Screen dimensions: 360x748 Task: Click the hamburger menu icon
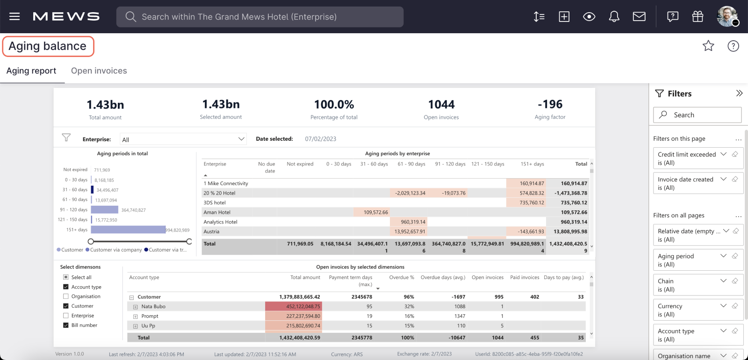14,16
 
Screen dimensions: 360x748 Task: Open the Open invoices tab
99,71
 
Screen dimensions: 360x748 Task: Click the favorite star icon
708,46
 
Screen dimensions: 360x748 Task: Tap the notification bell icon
614,17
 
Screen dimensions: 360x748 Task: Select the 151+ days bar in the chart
128,230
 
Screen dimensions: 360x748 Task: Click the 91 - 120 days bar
105,210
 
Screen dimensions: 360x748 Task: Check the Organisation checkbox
66,296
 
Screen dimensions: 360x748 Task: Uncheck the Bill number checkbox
66,325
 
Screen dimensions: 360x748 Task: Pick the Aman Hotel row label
217,212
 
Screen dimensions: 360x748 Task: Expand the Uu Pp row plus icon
136,326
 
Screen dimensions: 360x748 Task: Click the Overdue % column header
402,277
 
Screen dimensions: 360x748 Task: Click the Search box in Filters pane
697,115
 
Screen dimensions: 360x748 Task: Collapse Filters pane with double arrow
739,93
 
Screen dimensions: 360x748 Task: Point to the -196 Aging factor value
550,104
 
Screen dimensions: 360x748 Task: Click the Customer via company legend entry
114,250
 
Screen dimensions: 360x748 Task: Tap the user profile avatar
727,16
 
